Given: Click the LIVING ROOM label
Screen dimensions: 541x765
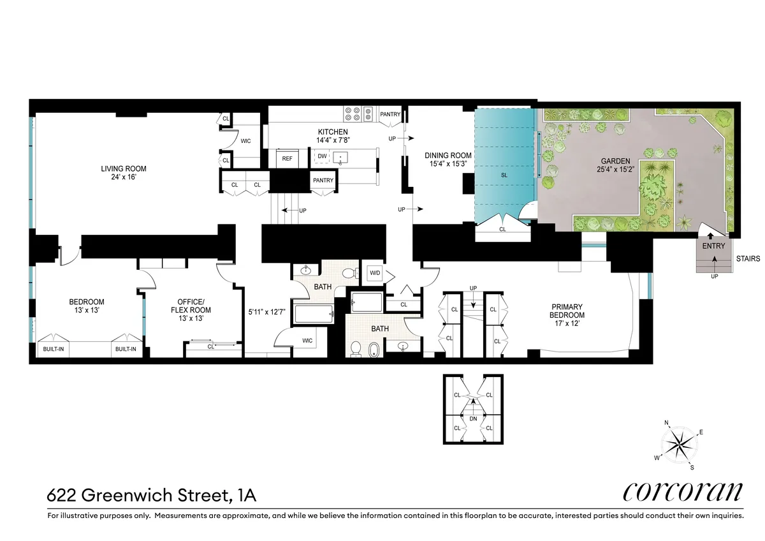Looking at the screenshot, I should click(123, 169).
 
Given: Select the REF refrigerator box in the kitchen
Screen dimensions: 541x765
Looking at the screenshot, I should click(287, 158).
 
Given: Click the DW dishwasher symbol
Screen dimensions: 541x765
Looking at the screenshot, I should click(322, 156).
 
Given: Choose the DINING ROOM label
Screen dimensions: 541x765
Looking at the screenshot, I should click(448, 156).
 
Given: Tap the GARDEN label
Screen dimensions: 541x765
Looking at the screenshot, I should click(614, 161).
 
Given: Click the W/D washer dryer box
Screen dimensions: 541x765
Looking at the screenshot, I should click(375, 274).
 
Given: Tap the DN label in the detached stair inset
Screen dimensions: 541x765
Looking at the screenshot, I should click(473, 419).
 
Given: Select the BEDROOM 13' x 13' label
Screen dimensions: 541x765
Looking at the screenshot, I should click(87, 306).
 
